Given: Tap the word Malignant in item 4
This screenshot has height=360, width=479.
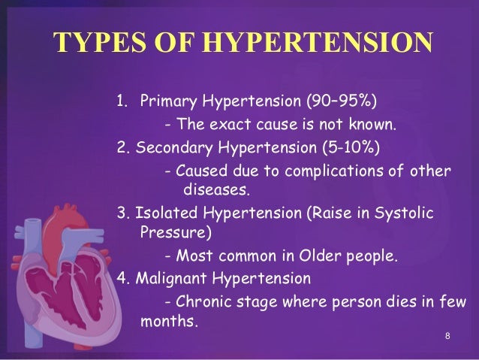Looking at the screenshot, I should pos(172,279).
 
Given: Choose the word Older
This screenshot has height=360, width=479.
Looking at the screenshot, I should pos(324,256).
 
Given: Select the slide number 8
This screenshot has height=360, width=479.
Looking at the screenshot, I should pos(447,335).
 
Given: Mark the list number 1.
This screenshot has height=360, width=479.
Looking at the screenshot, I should pos(120,102).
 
